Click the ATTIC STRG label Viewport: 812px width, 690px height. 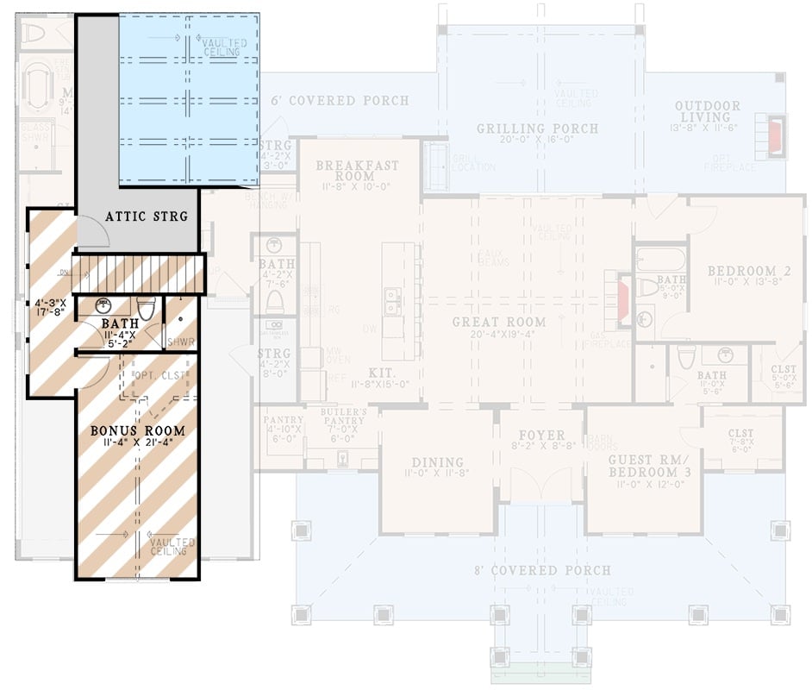[146, 216]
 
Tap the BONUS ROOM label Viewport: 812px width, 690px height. [138, 430]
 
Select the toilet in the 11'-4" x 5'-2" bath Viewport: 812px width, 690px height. [147, 308]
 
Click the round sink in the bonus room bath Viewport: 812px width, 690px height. [104, 304]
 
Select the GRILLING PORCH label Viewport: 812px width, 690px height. [537, 129]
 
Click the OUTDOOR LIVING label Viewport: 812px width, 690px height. [707, 111]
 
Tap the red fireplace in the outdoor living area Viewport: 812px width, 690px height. [776, 135]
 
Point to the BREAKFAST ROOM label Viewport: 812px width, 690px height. [356, 171]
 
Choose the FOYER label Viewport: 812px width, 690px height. [541, 436]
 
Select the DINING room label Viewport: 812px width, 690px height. [437, 462]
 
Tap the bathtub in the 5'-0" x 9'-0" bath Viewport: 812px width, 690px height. [659, 260]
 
